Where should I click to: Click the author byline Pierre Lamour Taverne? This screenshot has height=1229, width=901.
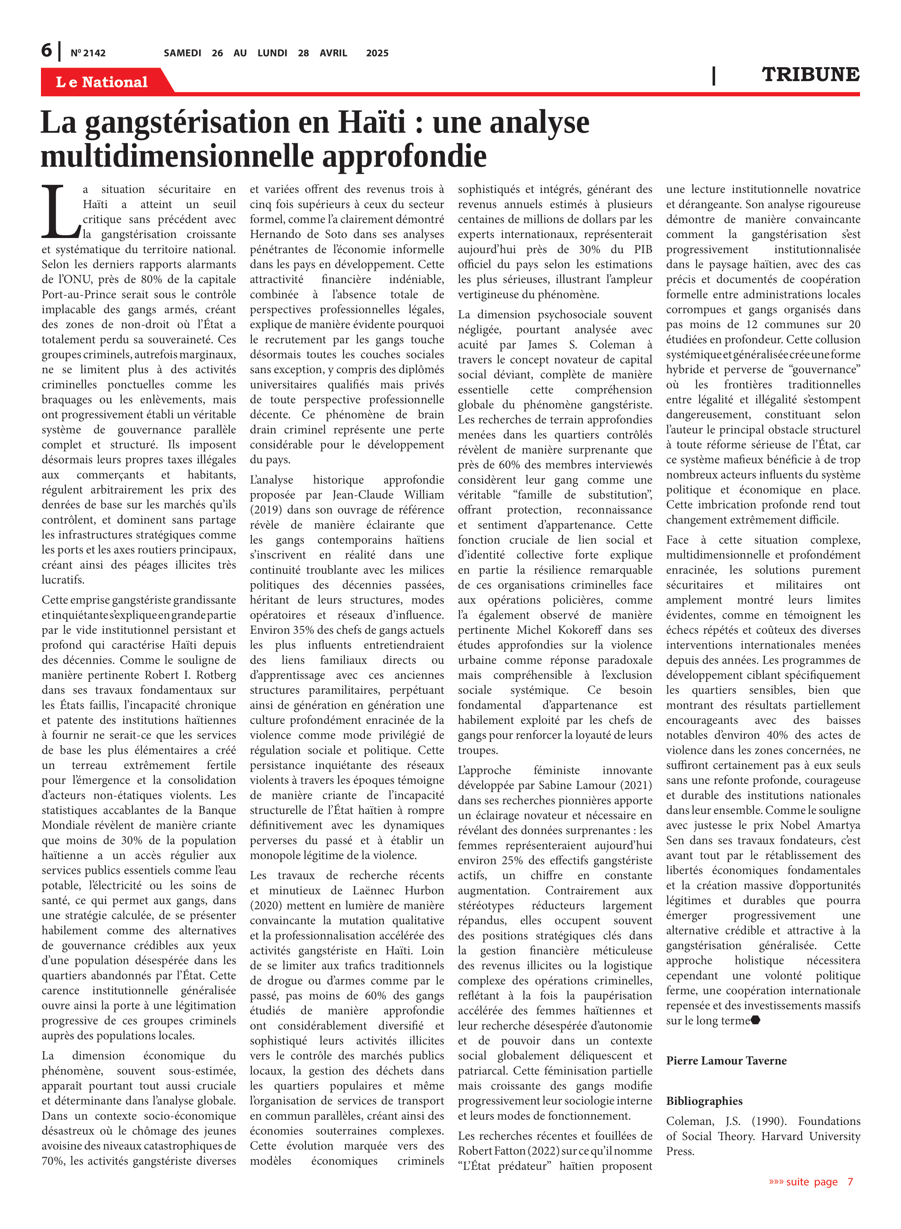(x=726, y=1061)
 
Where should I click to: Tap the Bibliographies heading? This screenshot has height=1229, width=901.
(x=704, y=1101)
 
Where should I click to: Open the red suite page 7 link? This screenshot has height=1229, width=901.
(x=810, y=1181)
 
